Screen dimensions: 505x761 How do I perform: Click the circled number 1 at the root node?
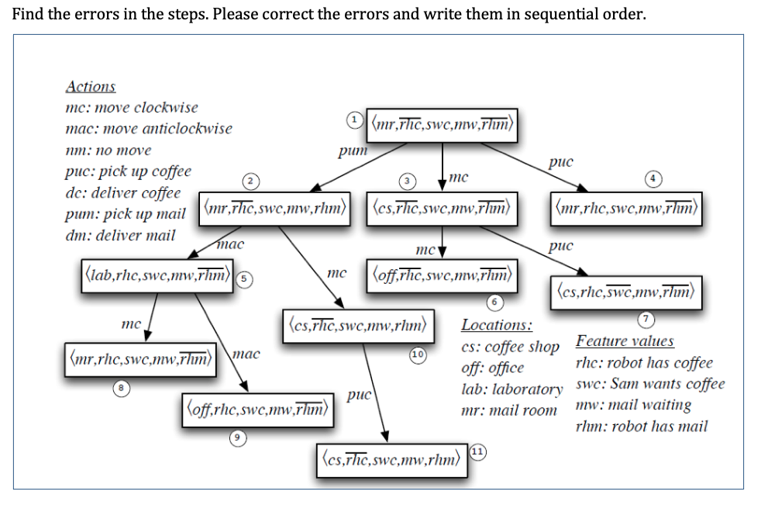coord(353,119)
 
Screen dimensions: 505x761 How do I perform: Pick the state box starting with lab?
coord(158,274)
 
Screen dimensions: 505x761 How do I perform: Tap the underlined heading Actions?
coord(91,86)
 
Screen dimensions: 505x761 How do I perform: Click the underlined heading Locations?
coord(496,325)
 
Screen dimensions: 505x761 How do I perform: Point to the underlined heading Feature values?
coord(625,341)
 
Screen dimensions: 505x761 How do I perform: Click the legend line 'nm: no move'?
coord(108,150)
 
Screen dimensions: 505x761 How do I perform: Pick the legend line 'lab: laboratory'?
coord(511,389)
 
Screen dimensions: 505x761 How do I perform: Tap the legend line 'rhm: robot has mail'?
coord(642,426)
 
